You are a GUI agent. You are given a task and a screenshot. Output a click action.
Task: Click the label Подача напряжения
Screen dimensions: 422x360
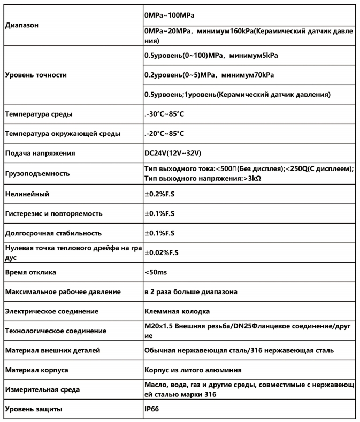pos(39,154)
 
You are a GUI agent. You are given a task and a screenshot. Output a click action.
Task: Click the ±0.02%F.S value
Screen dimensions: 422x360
pos(162,252)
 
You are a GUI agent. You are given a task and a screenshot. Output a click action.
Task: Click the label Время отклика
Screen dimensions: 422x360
pos(30,272)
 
